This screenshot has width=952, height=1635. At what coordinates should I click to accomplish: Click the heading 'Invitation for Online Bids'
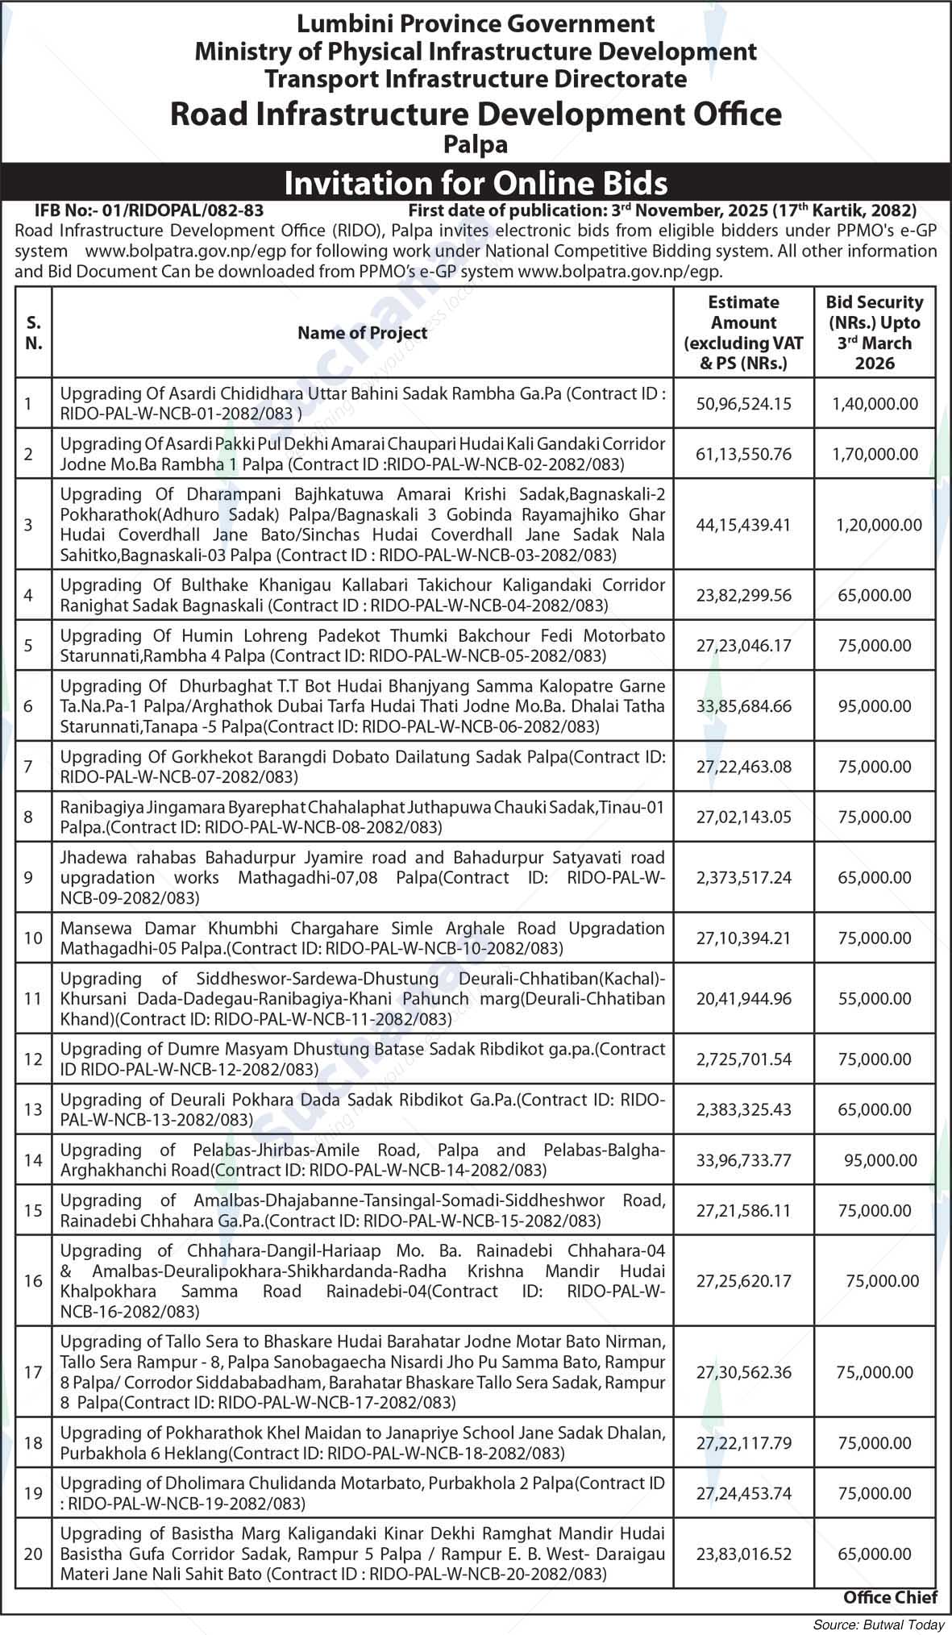(x=476, y=183)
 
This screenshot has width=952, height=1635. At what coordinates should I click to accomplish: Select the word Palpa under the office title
(x=476, y=145)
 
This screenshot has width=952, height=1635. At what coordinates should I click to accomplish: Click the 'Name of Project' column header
(x=363, y=332)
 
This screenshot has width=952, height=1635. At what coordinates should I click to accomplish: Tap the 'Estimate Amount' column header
(x=743, y=332)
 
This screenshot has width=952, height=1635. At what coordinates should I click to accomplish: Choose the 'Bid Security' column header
(x=875, y=332)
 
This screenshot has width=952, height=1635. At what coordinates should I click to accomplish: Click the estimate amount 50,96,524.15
(x=743, y=403)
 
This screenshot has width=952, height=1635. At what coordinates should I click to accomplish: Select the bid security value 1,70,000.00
(x=875, y=454)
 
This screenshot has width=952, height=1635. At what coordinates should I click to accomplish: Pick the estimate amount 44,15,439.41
(x=743, y=525)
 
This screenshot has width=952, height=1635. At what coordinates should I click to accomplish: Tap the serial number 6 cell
(x=28, y=706)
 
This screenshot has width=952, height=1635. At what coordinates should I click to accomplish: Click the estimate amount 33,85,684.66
(x=743, y=706)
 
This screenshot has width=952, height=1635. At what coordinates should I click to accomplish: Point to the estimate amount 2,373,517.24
(x=743, y=877)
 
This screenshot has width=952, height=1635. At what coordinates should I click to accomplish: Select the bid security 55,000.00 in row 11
(x=875, y=998)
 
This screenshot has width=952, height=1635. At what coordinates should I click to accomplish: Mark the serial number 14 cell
(x=33, y=1160)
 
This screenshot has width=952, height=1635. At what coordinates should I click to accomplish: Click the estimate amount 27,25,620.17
(x=743, y=1280)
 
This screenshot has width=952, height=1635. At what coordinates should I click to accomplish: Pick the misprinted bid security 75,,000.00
(x=875, y=1372)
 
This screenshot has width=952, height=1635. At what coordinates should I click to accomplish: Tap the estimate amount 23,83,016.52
(x=743, y=1554)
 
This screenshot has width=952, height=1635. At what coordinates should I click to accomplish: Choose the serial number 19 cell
(x=33, y=1493)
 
